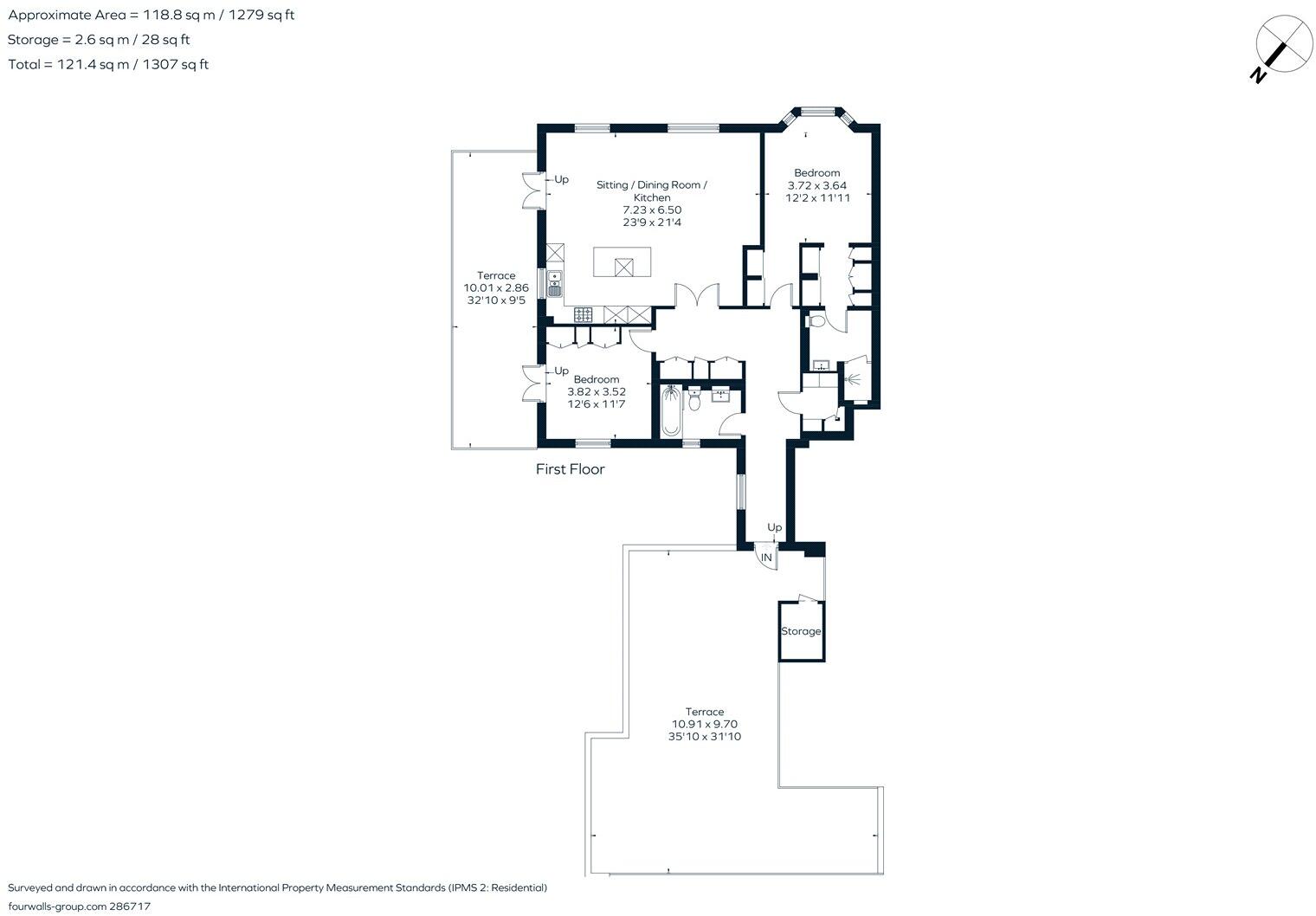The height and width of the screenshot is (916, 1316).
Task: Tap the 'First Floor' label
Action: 570,469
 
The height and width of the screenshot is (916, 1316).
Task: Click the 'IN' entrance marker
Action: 766,558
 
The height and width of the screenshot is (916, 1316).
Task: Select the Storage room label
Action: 801,631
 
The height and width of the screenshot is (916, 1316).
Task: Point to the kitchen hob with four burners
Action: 583,315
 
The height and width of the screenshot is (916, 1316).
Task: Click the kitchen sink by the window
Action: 555,283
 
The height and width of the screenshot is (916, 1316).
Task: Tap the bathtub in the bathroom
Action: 671,410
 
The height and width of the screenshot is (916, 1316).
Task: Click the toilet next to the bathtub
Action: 694,398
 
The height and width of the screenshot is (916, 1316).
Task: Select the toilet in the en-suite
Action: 816,321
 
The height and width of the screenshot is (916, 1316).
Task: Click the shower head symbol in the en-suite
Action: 852,379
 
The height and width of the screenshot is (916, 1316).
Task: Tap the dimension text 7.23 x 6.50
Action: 652,210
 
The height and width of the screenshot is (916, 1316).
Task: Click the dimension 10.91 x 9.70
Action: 705,724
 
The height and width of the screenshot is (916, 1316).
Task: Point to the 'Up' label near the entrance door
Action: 774,527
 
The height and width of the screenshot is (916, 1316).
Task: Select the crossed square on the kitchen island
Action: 624,268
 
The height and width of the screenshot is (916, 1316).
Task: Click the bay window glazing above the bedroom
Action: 818,110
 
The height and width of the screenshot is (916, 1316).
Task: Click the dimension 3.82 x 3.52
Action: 597,392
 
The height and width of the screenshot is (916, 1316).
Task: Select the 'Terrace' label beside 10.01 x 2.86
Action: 496,275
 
